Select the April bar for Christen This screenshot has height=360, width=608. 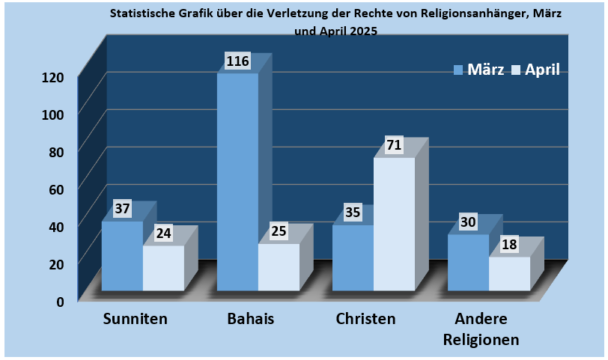[x=394, y=225]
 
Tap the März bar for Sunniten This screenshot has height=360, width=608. [x=122, y=256]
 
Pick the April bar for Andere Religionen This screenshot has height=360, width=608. [x=509, y=274]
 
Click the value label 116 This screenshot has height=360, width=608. [x=237, y=61]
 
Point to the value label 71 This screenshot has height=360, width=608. [x=395, y=145]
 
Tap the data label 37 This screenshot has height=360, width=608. [x=122, y=209]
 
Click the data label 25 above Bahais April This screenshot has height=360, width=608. [x=279, y=231]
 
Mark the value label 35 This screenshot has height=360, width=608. [x=353, y=213]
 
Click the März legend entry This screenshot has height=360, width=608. [x=478, y=70]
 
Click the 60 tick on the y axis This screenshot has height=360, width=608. [x=58, y=189]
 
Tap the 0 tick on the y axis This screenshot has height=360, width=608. [x=61, y=300]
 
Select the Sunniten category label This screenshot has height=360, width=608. [x=135, y=319]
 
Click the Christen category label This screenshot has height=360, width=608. [x=365, y=319]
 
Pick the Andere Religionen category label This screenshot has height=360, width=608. [x=481, y=329]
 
